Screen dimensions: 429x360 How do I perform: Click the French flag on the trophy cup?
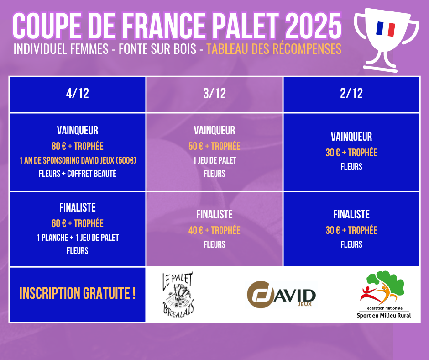tap(386, 29)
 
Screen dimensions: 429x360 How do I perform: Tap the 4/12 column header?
tap(78, 93)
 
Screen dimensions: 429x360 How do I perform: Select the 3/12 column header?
tap(214, 93)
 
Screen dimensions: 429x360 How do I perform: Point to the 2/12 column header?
tap(351, 93)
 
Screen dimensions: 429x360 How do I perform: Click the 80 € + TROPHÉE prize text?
tap(78, 146)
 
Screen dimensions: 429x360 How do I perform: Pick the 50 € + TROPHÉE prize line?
tap(214, 146)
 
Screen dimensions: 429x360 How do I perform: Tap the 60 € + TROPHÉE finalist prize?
tap(78, 223)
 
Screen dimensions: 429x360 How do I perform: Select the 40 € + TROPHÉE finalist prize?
tap(214, 230)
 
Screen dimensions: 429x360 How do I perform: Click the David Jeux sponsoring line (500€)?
tap(78, 160)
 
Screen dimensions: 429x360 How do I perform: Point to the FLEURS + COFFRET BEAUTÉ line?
tap(78, 174)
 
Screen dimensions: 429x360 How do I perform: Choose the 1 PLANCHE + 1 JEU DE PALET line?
tap(78, 238)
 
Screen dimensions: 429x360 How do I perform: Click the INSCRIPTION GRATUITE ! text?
tap(78, 293)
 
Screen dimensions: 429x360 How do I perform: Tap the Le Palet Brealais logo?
tap(178, 295)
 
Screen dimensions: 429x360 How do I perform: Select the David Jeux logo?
tap(281, 295)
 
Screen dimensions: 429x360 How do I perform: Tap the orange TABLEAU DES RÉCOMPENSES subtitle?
tap(274, 49)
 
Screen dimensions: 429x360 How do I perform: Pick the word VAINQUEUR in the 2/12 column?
tap(351, 137)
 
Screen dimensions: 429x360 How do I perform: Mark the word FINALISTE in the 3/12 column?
tap(214, 215)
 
